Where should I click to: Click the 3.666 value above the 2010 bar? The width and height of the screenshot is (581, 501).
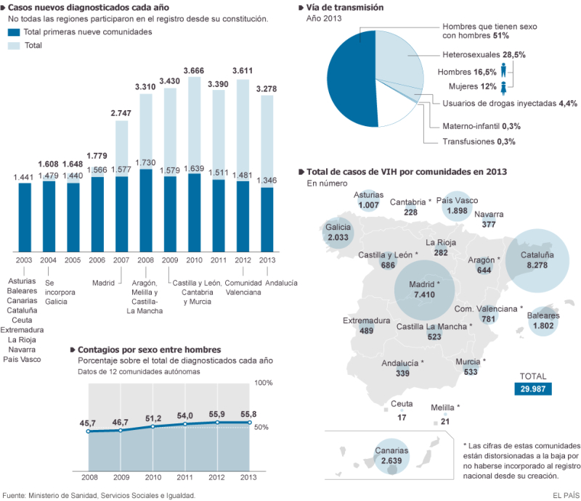click(x=194, y=70)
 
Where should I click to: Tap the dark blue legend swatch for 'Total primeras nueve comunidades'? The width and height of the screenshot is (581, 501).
click(x=14, y=33)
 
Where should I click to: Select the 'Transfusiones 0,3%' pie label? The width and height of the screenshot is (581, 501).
click(x=479, y=141)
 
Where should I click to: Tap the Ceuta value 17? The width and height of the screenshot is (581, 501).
click(x=402, y=418)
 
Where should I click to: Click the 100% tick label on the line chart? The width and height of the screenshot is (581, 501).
click(x=263, y=382)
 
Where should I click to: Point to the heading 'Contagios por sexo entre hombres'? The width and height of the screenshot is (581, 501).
click(x=149, y=349)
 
